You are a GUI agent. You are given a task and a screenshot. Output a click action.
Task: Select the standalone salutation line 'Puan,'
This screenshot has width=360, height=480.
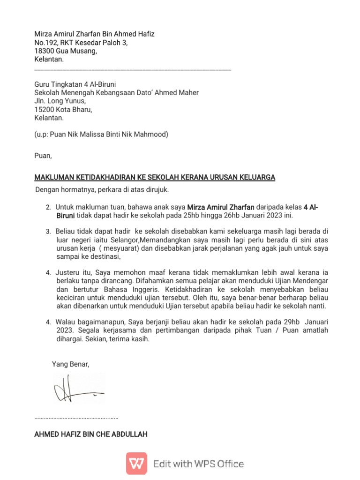[43, 156]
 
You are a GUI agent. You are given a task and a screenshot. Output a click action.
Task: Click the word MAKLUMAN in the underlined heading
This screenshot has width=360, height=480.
[58, 178]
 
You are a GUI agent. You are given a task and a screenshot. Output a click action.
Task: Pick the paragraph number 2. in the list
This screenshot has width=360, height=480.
[48, 207]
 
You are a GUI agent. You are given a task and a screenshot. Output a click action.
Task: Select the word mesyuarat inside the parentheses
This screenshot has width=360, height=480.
[120, 248]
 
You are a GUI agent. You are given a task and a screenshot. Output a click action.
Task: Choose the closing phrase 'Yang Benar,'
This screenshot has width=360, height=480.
[70, 364]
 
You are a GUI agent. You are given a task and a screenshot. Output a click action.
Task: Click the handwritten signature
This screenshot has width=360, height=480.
[77, 388]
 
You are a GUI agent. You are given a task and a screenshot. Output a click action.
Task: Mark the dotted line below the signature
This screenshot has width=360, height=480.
[76, 417]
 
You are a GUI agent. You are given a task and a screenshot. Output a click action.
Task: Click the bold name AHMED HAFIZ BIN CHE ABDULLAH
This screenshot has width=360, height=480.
[91, 435]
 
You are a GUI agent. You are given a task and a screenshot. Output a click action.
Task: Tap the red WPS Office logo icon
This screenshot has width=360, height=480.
[136, 464]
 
